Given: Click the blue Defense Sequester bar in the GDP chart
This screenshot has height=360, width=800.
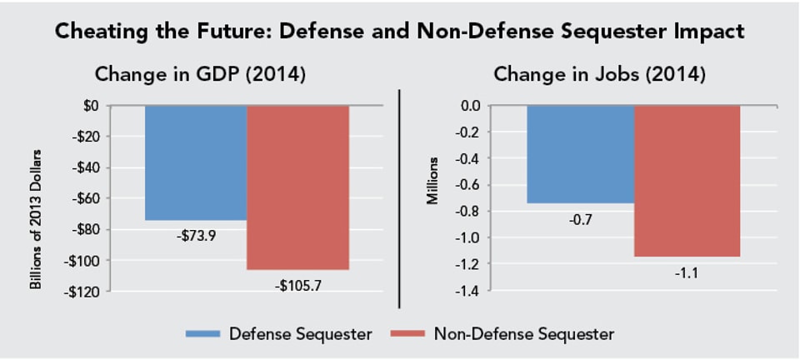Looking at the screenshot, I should (x=196, y=162).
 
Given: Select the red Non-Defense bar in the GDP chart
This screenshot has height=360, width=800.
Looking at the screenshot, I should (x=297, y=187).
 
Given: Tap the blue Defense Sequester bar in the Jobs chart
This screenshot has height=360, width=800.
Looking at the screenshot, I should (x=580, y=154).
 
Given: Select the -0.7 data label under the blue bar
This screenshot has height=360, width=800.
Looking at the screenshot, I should (x=580, y=220).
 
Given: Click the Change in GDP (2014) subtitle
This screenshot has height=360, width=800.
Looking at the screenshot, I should (x=200, y=74).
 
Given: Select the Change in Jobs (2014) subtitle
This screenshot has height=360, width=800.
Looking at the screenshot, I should (x=600, y=74).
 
